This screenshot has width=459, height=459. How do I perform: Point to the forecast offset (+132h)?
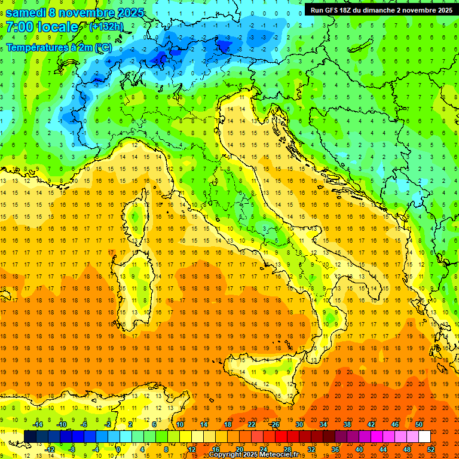click(x=106, y=27)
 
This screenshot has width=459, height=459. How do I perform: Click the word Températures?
click(x=36, y=47)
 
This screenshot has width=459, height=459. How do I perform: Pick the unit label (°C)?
click(x=102, y=47)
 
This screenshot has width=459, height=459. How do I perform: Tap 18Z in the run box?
click(x=353, y=10)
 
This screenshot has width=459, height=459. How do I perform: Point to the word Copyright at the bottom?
click(x=225, y=455)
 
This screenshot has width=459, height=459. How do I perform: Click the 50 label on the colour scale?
click(x=418, y=424)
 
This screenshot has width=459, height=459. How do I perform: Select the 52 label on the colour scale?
click(x=431, y=449)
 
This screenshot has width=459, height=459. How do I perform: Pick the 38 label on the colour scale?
click(x=347, y=424)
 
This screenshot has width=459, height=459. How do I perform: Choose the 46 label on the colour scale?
click(x=394, y=424)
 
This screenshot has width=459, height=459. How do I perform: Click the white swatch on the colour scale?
click(x=424, y=437)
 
